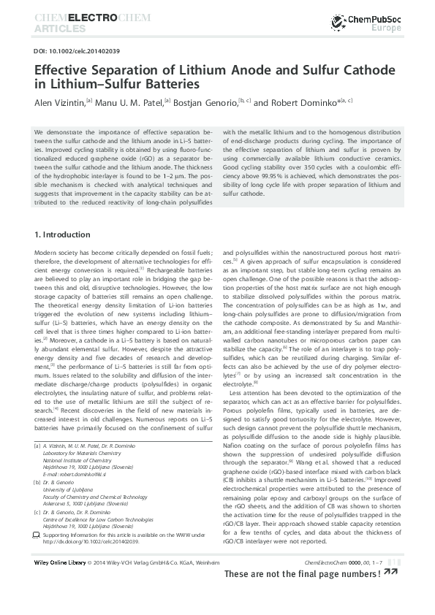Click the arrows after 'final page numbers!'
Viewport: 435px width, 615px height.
point(392,595)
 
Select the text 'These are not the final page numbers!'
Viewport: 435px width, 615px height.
point(302,595)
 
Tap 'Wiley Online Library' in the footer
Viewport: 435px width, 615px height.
point(61,582)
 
